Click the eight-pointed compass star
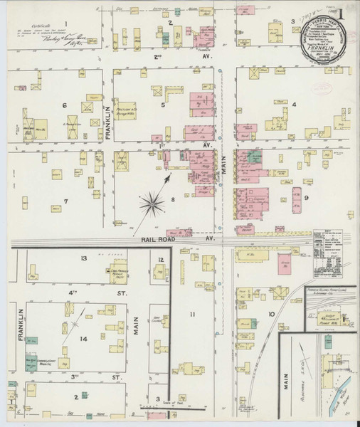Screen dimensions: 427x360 click(152, 204)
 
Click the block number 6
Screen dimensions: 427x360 click(64, 105)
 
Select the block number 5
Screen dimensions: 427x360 click(163, 105)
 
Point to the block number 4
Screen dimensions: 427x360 click(294, 105)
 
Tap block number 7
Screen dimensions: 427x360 click(66, 201)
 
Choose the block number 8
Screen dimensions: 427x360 click(172, 201)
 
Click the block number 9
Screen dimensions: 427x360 click(307, 197)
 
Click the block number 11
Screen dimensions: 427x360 click(191, 313)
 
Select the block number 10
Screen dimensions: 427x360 click(271, 313)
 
